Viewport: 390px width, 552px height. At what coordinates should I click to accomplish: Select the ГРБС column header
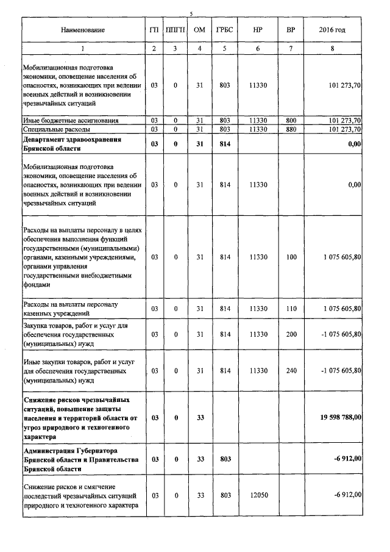point(224,30)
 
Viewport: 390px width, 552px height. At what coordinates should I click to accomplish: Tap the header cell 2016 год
point(332,30)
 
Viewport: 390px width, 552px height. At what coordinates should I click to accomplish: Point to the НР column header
point(258,30)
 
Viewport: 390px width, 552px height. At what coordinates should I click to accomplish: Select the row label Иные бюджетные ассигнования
point(71,121)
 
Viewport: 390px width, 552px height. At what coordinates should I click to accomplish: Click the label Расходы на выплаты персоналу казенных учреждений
point(70,309)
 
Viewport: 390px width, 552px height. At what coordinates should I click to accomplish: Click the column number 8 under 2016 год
point(332,48)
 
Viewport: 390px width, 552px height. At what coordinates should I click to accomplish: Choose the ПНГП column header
point(175,30)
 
